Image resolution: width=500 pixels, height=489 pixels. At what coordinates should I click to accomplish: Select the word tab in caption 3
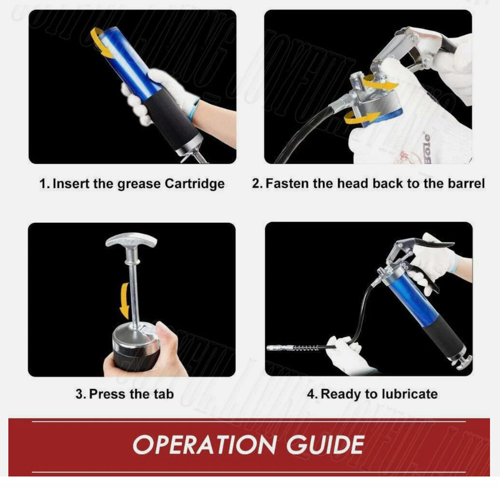pos(164,394)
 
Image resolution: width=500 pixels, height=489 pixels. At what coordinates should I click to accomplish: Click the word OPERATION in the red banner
pos(204,445)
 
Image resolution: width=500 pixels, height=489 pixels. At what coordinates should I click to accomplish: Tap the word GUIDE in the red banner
pos(325,445)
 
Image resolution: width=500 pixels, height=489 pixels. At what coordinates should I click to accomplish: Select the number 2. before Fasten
pos(257,184)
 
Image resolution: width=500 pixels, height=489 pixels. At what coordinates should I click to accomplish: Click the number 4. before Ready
pos(312,394)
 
